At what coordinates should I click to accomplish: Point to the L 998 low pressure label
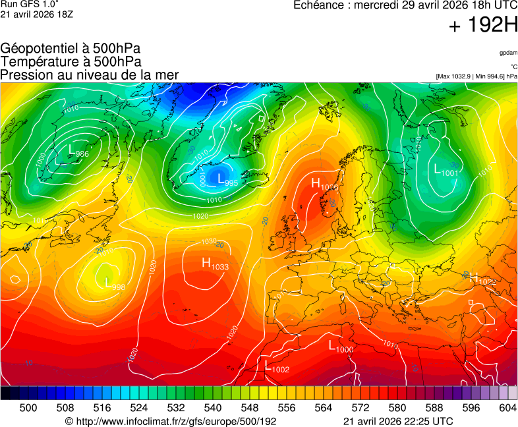115,284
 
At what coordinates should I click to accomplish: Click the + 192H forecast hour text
483,26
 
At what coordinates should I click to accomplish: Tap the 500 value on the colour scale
28,409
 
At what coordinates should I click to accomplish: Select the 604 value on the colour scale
507,409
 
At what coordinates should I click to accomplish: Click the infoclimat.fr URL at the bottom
171,421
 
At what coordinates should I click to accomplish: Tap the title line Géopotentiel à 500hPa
71,49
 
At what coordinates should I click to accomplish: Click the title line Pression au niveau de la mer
90,74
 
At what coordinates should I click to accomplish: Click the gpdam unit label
508,52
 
